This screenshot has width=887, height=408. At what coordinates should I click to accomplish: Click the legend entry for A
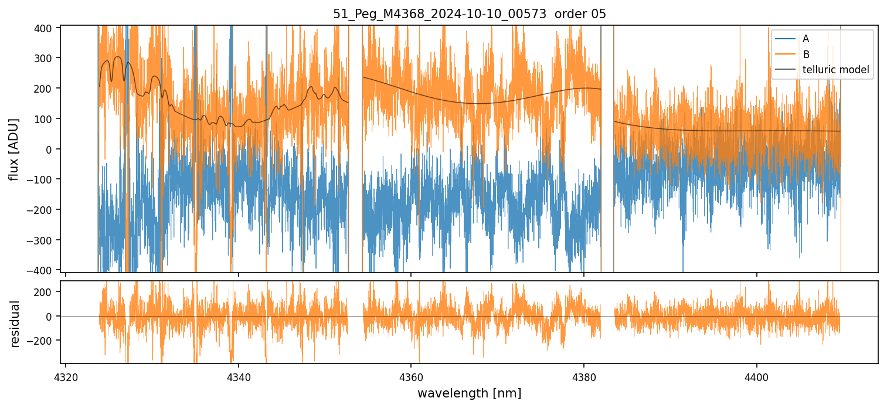[806, 39]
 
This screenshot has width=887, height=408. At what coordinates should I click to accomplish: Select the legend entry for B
[806, 55]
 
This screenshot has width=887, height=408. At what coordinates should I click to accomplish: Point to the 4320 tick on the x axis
[66, 375]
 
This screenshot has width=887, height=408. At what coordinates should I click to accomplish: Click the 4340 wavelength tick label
[238, 375]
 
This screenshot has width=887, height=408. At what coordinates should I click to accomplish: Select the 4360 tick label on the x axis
[411, 375]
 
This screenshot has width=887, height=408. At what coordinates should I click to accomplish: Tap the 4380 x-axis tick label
[584, 375]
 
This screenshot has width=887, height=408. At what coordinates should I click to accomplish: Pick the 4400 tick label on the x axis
[756, 375]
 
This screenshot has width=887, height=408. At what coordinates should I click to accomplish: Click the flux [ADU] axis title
[14, 149]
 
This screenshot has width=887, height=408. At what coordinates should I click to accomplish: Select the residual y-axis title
[14, 323]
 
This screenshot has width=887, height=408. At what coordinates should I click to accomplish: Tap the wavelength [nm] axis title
[469, 393]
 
